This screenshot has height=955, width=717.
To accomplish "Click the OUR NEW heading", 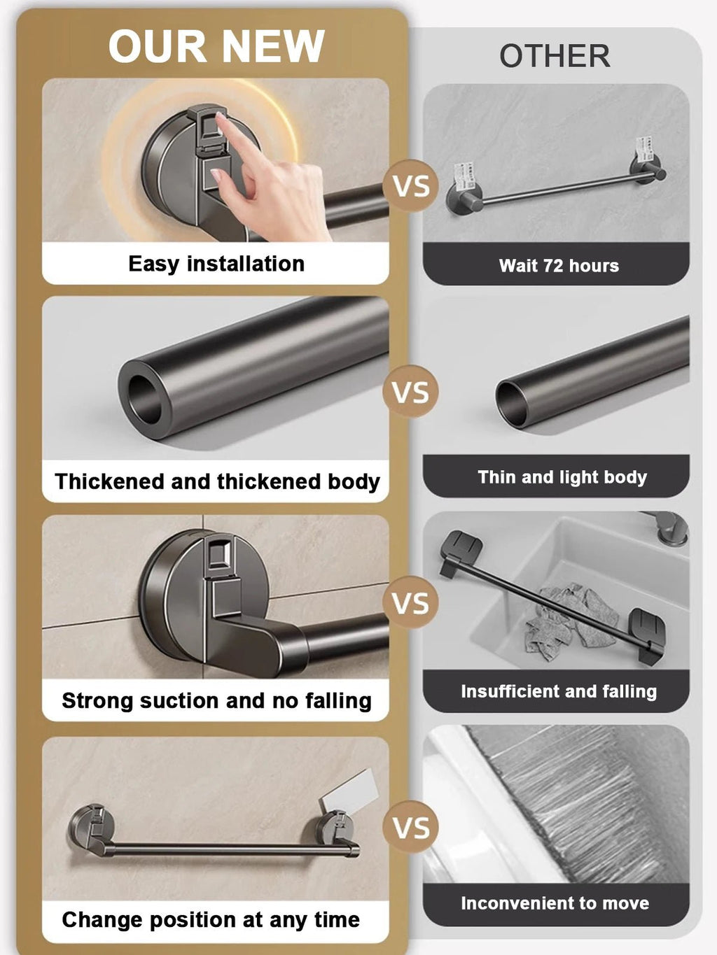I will point(216,47).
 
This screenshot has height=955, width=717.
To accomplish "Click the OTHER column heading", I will point(555,56).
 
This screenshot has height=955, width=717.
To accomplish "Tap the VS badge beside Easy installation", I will point(411,186).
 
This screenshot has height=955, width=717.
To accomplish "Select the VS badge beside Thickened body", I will point(411,392).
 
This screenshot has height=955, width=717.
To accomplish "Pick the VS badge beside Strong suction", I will point(411,604).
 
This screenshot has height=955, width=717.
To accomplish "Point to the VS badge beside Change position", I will point(411,828).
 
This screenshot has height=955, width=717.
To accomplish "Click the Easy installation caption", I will point(216,264).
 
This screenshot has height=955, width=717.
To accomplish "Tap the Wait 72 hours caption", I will point(559,266).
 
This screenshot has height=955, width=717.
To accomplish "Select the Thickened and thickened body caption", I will point(217,481).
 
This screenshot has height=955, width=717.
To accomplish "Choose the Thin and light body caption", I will point(562,477).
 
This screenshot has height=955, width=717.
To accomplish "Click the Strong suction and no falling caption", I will point(216,700).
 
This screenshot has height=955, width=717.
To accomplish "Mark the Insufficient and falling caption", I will point(559,691).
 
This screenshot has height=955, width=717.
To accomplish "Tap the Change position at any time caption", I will point(211,919).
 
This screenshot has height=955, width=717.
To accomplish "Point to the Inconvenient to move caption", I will point(555,903).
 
